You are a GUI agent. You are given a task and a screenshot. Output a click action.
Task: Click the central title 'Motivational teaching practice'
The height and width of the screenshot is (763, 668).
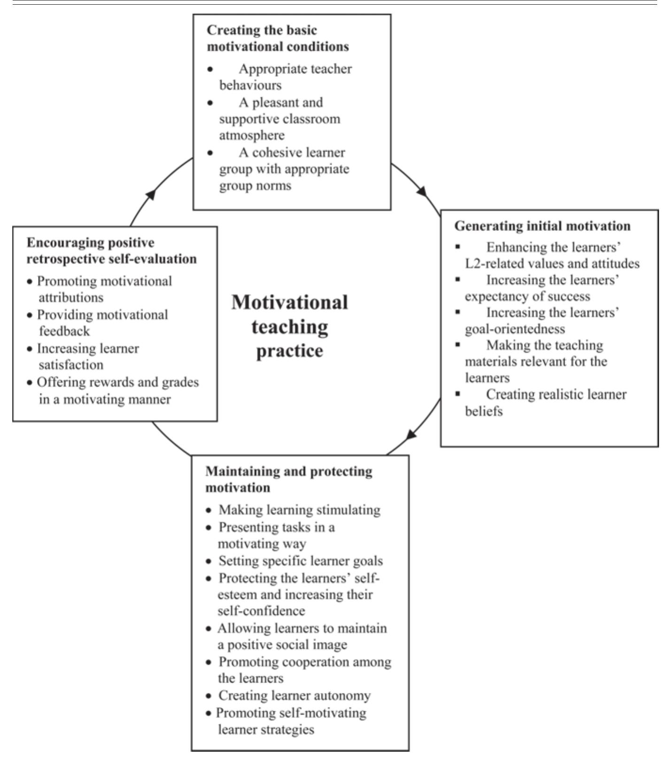pos(289,326)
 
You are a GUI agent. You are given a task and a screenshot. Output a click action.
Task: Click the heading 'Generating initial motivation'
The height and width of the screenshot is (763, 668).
pos(542,226)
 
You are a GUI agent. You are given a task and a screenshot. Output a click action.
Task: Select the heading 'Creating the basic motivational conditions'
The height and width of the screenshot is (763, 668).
pos(278,39)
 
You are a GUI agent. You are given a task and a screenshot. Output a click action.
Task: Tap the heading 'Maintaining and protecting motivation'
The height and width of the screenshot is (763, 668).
pos(288,479)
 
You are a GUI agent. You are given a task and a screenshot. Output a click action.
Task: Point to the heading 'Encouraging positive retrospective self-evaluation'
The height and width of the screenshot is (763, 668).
pos(111,251)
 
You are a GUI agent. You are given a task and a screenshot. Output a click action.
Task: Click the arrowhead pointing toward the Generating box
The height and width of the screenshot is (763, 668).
pos(422,192)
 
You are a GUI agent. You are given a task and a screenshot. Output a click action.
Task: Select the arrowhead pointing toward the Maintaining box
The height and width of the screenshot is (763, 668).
pos(411,435)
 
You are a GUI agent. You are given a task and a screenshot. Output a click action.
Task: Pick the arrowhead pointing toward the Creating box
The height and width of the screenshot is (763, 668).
pos(150,194)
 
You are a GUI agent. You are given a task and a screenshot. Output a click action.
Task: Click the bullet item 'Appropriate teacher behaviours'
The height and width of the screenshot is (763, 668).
pos(285,77)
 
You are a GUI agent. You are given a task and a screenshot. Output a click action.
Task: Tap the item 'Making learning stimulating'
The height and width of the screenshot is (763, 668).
pos(299,510)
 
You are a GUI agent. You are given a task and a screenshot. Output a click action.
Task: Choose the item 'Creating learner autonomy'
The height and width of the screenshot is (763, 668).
pos(295,695)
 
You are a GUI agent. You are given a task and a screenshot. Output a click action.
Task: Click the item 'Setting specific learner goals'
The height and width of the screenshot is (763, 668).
pos(300,561)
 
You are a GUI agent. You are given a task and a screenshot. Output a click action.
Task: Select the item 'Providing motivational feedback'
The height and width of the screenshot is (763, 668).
pos(102,323)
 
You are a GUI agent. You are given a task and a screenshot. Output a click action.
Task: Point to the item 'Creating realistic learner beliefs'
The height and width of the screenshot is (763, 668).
pos(545,403)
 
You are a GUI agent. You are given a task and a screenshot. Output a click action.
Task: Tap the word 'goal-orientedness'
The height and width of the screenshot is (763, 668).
pos(515,328)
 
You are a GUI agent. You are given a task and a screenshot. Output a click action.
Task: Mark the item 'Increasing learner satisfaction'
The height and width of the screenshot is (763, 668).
pos(87,357)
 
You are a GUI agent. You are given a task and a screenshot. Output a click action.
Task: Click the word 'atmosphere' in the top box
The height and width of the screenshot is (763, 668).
pos(252,135)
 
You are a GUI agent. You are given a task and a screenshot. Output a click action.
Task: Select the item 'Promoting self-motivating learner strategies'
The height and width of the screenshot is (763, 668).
pos(290,721)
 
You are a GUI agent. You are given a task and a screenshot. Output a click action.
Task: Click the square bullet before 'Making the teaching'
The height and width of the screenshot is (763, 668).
pos(458,344)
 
